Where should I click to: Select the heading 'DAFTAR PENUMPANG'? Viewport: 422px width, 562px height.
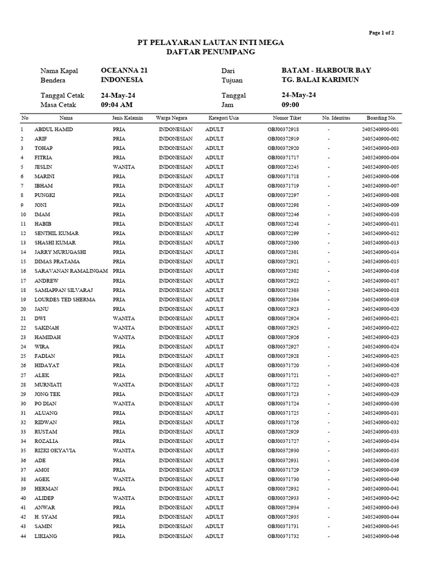coord(210,52)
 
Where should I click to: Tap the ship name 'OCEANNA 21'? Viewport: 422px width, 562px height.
coord(124,70)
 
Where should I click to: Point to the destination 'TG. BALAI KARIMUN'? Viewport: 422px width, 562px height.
coord(320,80)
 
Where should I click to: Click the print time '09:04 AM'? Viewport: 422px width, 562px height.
coord(118,104)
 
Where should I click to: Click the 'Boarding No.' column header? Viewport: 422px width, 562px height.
coord(381,118)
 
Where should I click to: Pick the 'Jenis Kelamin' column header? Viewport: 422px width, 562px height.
coord(127,118)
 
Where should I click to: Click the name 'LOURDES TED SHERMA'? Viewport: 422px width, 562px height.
coord(65,300)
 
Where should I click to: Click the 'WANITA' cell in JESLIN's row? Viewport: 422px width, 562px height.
coord(124,167)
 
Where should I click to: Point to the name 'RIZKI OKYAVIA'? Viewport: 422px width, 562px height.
coord(55,451)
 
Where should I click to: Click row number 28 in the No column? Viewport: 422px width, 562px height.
coord(23,385)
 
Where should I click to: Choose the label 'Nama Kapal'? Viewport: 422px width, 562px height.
coord(59,71)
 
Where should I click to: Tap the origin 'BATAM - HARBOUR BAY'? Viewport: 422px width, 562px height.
coord(326,70)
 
